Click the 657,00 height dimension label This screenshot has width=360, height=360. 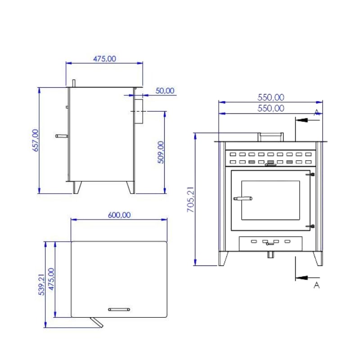tap(36, 140)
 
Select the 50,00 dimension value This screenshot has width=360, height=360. tap(165, 91)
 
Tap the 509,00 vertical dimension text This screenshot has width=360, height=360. tap(161, 152)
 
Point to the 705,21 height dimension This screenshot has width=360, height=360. tap(190, 199)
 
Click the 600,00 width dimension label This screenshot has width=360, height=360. tap(119, 215)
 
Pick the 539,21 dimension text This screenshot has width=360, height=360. tap(41, 284)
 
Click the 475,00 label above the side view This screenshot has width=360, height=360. tap(104, 59)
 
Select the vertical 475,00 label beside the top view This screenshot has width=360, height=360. tap(51, 279)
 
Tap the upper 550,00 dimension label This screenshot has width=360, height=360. tap(271, 97)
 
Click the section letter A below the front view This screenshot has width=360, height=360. tap(317, 285)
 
